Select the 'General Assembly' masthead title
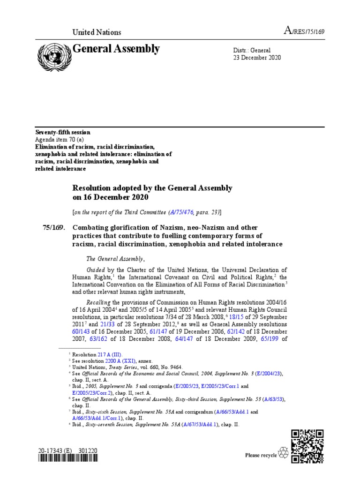[x=116, y=49]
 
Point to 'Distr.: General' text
[x=252, y=50]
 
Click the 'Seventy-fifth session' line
[x=63, y=133]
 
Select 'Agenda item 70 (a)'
[x=60, y=140]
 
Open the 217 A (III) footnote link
[x=110, y=356]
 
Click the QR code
[x=307, y=446]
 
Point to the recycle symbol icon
[x=284, y=452]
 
